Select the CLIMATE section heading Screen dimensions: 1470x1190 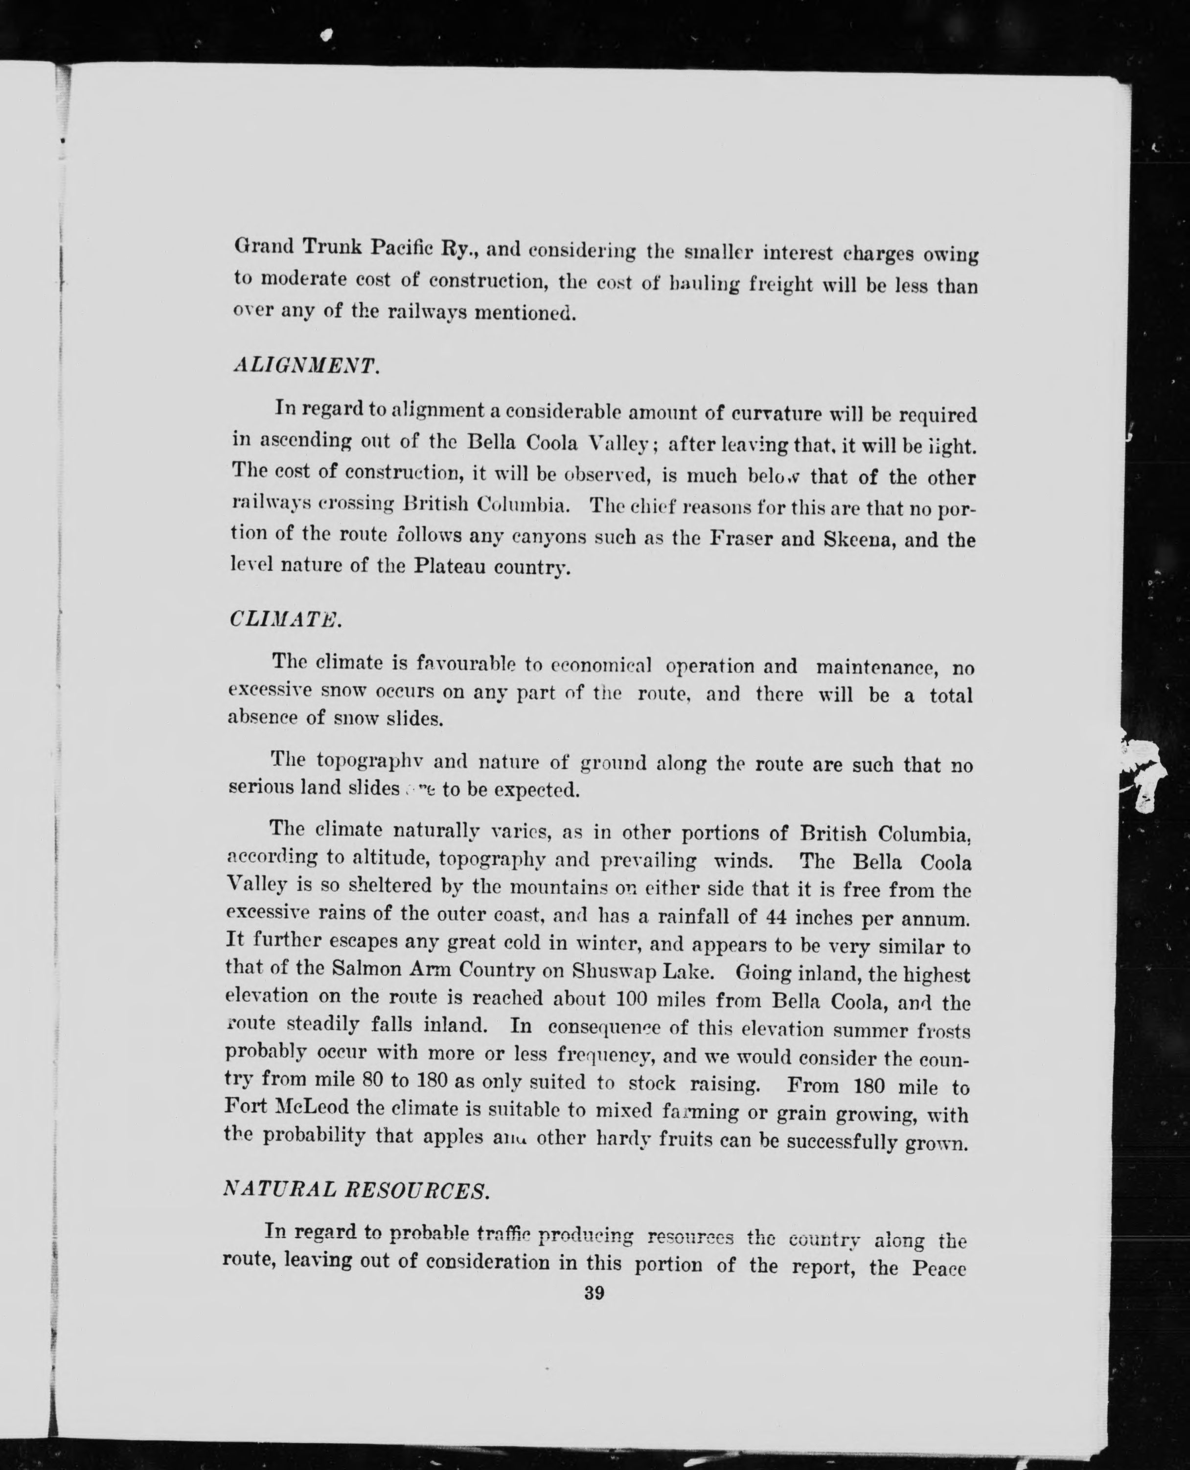click(284, 619)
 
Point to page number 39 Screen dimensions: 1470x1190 click(594, 1293)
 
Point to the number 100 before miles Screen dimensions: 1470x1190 click(633, 1000)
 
